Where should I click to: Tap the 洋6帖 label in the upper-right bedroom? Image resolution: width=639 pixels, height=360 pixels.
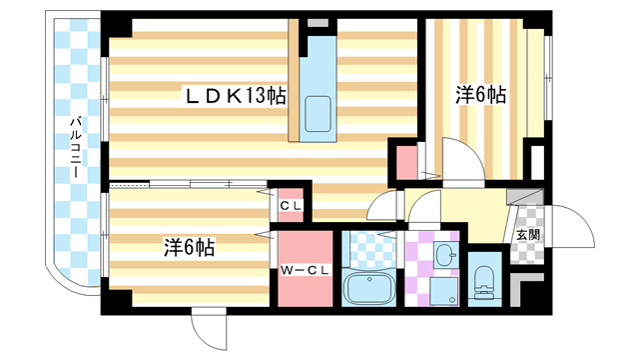(x=481, y=96)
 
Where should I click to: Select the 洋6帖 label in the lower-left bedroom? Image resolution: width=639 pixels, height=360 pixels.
(x=190, y=246)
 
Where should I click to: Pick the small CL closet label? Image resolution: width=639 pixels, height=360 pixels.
(x=292, y=207)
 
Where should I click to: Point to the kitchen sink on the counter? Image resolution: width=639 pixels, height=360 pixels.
(x=319, y=112)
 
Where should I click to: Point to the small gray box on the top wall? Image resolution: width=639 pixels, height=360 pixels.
(x=318, y=21)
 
